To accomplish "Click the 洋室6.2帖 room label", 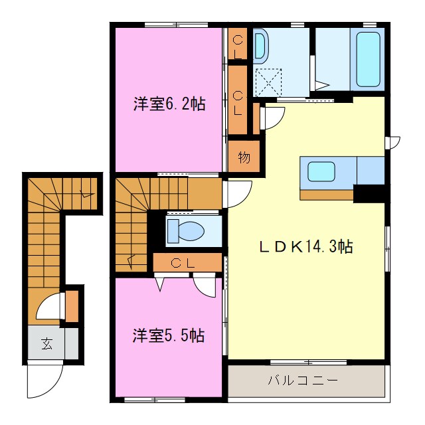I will (x=169, y=104).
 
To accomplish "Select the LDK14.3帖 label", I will (x=305, y=247).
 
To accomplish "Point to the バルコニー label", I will (x=303, y=381).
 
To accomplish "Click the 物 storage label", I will (x=243, y=158).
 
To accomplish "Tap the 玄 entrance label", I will (x=47, y=344).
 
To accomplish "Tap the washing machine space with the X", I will (x=270, y=82).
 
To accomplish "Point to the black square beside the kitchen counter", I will (x=369, y=193).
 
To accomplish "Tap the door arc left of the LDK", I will (x=238, y=193).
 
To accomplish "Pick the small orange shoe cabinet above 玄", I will (x=72, y=305).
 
